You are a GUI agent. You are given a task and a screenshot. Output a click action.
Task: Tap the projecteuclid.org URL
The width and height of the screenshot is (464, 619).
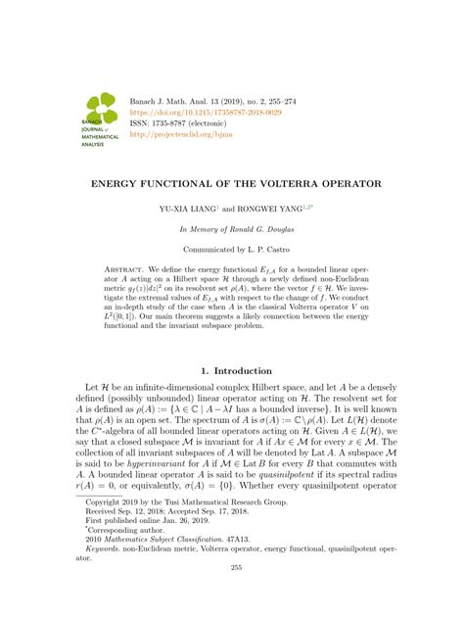pos(175,135)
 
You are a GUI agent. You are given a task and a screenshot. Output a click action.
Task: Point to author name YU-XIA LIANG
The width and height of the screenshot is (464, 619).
pos(194,210)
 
